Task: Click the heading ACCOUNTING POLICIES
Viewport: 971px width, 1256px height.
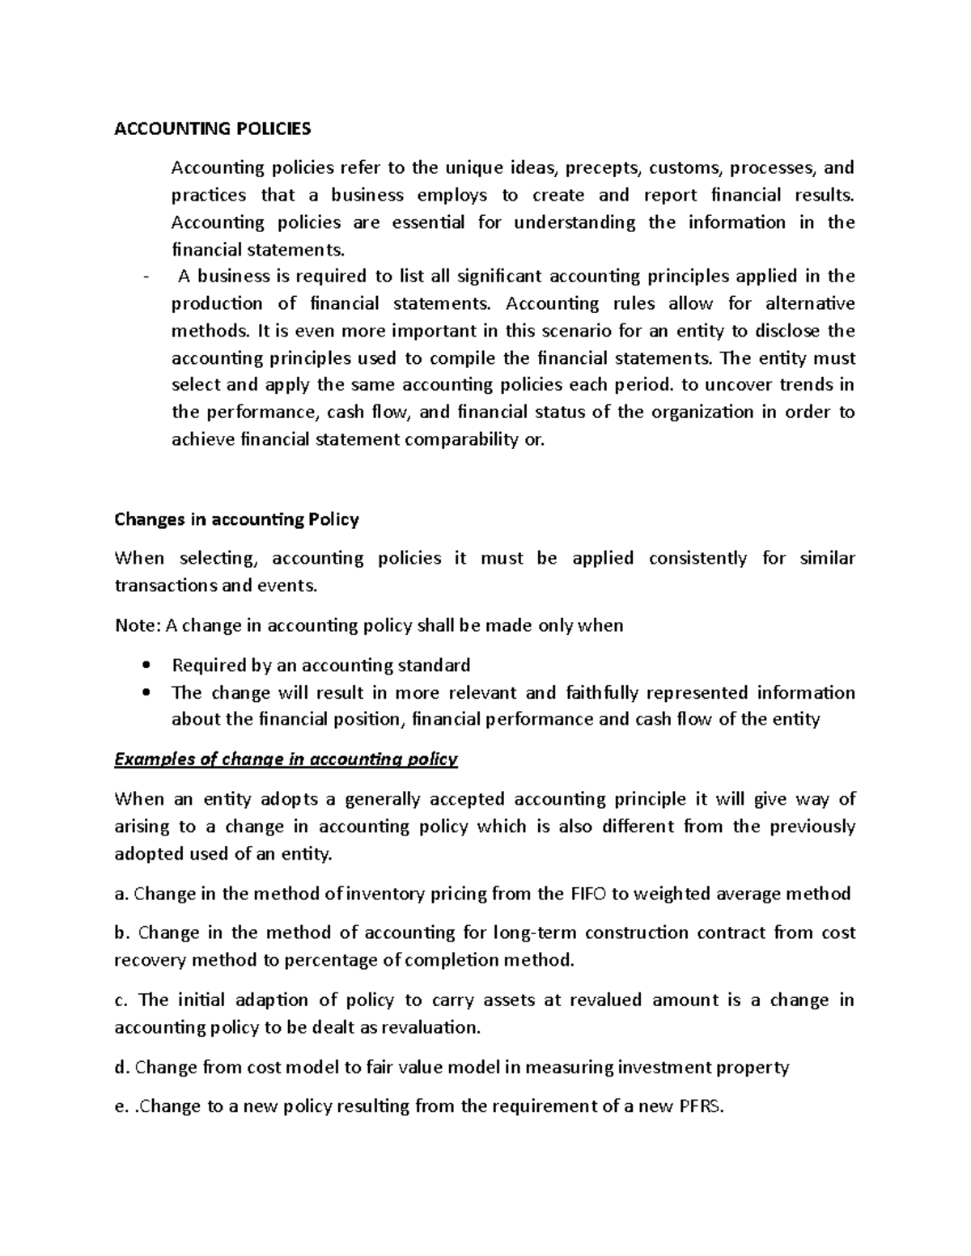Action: pos(212,129)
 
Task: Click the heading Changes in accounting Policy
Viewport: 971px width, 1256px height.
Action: pos(236,519)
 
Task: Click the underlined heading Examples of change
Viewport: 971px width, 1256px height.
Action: pos(286,759)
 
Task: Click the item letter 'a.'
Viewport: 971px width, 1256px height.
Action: pos(122,894)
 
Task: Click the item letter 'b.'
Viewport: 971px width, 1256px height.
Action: pos(122,932)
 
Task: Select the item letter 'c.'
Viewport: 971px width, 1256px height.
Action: pos(122,1000)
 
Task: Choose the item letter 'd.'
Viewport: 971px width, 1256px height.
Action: pos(122,1068)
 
